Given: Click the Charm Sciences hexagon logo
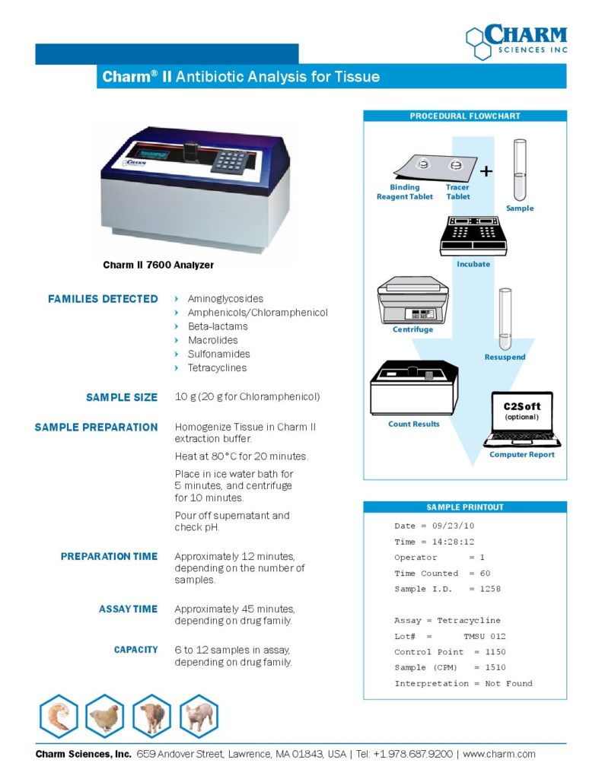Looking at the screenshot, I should click(479, 43).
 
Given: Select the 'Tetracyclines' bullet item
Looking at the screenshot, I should click(217, 368).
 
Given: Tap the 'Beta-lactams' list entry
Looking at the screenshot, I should click(218, 326).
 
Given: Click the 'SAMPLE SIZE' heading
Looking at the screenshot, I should click(122, 397).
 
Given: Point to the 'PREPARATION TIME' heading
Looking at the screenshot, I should click(109, 557).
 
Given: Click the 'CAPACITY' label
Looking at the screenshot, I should click(136, 650).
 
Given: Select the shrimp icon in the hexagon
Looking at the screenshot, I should click(59, 717).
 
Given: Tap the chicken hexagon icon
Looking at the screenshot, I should click(105, 717).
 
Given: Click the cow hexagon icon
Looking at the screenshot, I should click(151, 717).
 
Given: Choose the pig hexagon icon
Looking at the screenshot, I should click(199, 717).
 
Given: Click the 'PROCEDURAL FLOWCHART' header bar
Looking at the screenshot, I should click(465, 116).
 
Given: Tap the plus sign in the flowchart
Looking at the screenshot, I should click(486, 172).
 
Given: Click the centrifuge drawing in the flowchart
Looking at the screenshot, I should click(413, 300).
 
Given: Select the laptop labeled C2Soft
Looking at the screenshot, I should click(522, 420).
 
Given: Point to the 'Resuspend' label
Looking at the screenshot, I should click(505, 357).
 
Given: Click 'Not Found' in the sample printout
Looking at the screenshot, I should click(508, 683).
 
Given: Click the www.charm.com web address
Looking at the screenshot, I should click(499, 754).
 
